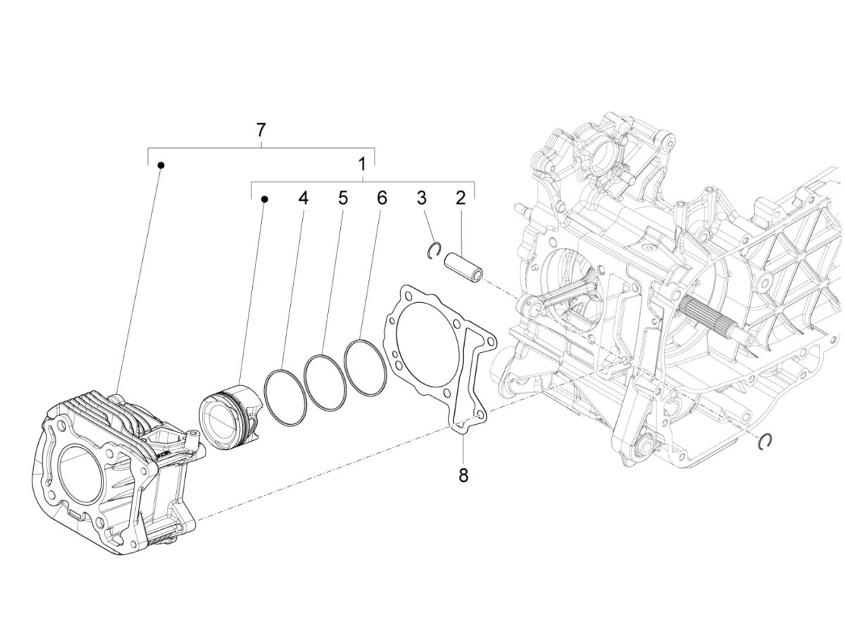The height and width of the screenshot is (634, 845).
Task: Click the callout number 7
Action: coord(261,130)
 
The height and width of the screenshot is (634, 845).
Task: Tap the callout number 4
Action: coord(303,198)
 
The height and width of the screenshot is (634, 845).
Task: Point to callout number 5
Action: coord(342,198)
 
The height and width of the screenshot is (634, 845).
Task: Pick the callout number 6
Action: coord(381,198)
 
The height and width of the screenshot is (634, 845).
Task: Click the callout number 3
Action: coord(422,198)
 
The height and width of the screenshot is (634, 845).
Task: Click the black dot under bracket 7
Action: coord(161,165)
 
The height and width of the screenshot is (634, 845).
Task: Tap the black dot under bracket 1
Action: coord(265,199)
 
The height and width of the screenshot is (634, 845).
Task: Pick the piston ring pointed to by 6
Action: coord(366,367)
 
